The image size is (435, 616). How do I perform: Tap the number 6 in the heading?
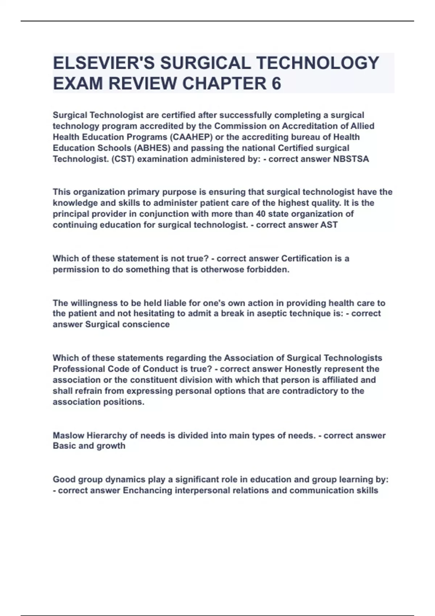point(276,84)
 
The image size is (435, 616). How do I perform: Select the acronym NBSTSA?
point(351,159)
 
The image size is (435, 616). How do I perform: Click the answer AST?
point(329,225)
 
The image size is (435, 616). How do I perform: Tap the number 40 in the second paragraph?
point(261,214)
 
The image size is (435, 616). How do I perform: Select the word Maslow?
point(69,435)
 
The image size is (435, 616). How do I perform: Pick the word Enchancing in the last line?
point(148,490)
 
